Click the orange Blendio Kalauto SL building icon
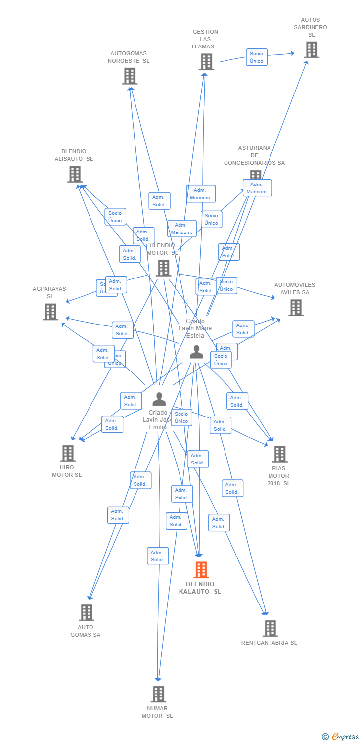[201, 570]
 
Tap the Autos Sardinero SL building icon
[311, 50]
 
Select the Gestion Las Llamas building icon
[206, 62]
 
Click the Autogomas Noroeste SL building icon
[130, 76]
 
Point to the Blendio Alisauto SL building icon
[75, 174]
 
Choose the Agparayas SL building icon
[50, 312]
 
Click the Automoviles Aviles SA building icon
[296, 308]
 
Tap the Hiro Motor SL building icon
[68, 453]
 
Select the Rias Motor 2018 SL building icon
[279, 454]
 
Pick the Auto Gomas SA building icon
[87, 612]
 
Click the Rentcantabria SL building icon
[270, 628]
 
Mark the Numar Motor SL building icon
[158, 694]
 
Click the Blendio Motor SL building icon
[163, 268]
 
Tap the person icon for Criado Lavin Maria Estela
[196, 352]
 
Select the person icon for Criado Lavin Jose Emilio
[159, 399]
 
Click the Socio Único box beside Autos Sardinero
[257, 57]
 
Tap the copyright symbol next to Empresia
[325, 737]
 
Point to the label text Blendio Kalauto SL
[200, 588]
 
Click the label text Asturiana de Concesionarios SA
[254, 155]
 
